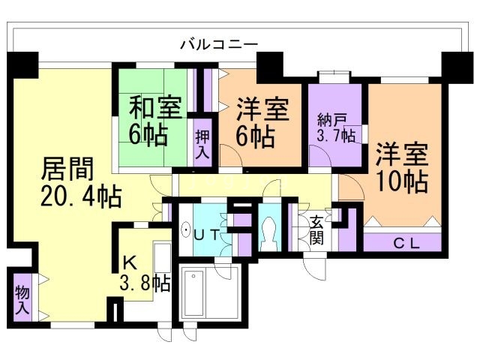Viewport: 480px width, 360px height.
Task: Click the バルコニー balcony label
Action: [218, 44]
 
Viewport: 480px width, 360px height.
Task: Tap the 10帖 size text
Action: [403, 181]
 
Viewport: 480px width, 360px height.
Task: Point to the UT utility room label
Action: [206, 234]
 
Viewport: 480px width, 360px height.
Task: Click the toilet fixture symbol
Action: [268, 235]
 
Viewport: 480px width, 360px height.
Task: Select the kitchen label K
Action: [130, 262]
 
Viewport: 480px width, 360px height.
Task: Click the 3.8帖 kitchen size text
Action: [145, 283]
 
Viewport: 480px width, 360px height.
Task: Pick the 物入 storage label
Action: [21, 298]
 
